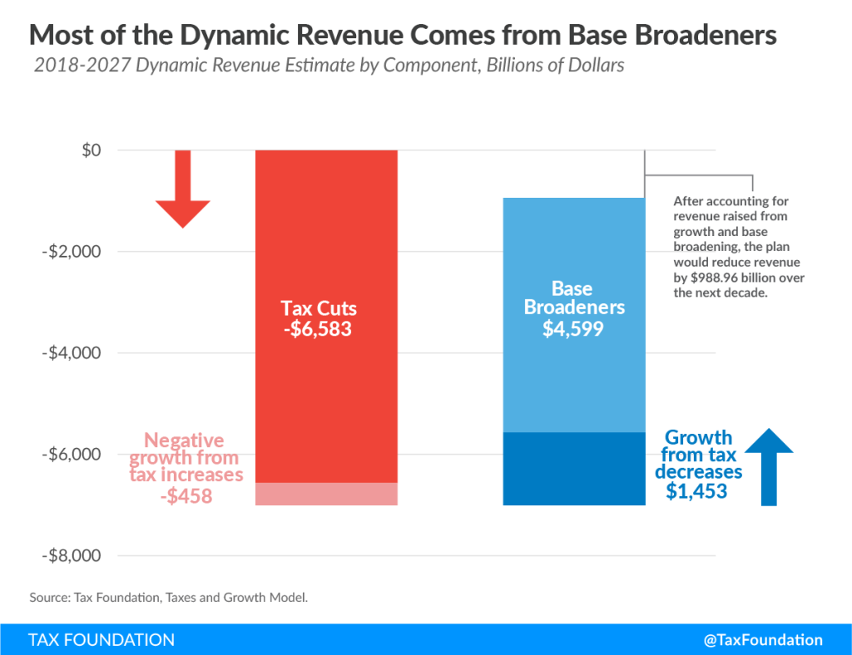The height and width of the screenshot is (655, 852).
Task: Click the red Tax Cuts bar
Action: [x=326, y=317]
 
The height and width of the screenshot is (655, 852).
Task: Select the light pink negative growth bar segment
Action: [x=326, y=495]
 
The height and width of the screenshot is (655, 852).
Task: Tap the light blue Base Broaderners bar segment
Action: [x=574, y=315]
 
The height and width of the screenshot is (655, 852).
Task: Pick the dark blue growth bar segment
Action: [x=574, y=469]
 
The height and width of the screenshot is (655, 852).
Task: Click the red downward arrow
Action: [x=182, y=189]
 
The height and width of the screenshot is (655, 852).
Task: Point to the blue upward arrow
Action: [x=769, y=466]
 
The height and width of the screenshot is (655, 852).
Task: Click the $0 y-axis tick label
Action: [x=92, y=150]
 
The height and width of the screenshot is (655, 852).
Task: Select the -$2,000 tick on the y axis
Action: [x=72, y=251]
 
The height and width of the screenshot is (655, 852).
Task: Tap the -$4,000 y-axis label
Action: [x=72, y=352]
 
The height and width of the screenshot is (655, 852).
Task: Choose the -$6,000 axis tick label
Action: [x=72, y=454]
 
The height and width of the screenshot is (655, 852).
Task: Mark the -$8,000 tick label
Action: [x=72, y=556]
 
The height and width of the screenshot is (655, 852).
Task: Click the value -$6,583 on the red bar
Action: [x=318, y=329]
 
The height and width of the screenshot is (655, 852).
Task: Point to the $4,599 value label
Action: [x=573, y=329]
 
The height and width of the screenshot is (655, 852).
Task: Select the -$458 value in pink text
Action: [x=186, y=496]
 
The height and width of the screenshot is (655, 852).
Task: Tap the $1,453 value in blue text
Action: [x=696, y=491]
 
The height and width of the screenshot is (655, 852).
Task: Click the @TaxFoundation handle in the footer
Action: [x=763, y=640]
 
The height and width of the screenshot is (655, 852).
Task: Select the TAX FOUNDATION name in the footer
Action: [x=102, y=640]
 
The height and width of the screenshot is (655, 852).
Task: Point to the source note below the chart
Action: [x=168, y=598]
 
